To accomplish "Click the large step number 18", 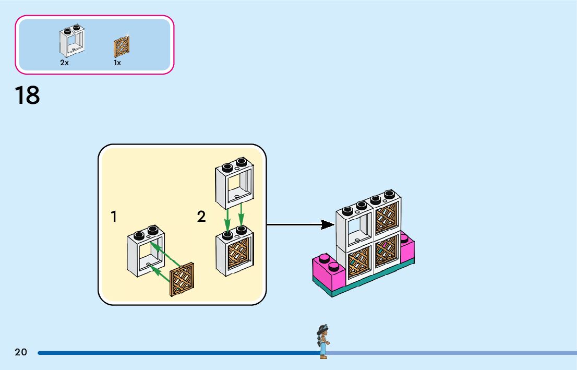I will pos(27,96).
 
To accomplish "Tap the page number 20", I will pos(21,352).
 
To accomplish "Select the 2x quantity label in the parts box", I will pos(64,63).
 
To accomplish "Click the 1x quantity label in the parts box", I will pos(117,63).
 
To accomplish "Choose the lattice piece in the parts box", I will pos(122,47).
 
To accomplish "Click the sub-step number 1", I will pos(114,217).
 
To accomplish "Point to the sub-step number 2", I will pos(201,217).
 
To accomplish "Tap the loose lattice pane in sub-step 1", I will pos(182,280).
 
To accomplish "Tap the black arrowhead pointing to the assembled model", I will pos(328,224).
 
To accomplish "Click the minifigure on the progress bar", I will pos(323,342).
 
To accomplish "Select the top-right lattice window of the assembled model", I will pos(387,214).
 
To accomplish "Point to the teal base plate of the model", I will pos(365,284).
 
